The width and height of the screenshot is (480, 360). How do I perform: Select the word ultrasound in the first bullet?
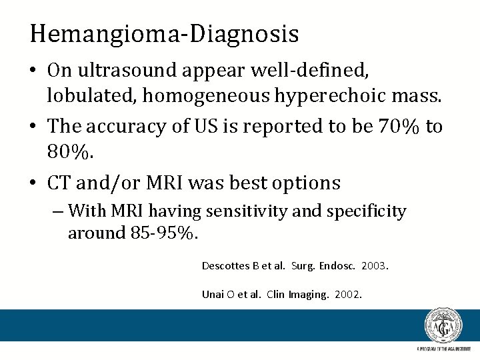pos(117,70)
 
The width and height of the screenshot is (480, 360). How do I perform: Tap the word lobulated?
pos(91,97)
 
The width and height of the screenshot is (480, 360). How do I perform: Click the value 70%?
pos(394,126)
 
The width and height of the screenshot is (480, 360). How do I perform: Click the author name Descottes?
pos(226,266)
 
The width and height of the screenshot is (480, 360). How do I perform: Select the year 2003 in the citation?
pos(375,266)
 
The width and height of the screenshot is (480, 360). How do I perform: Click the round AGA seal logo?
pos(443,326)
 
